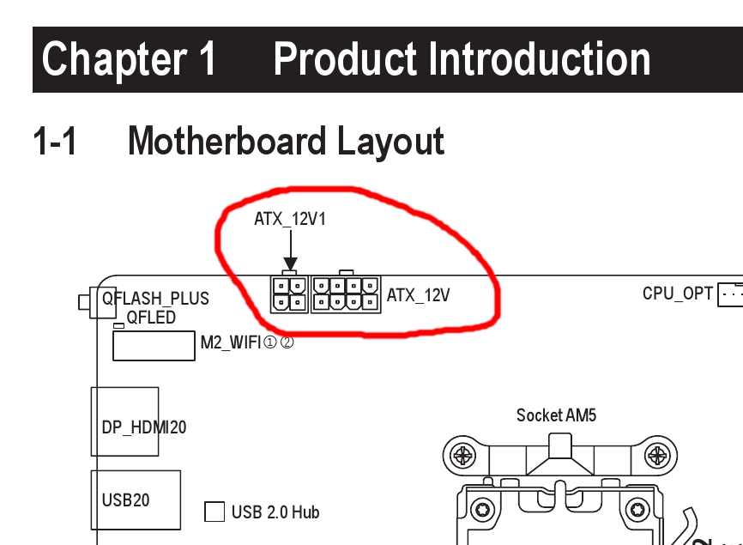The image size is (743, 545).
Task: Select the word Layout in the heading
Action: pos(391,142)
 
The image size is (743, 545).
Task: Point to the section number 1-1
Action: pos(55,142)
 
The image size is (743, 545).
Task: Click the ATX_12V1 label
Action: pos(290,219)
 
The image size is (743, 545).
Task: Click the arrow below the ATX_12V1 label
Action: pos(290,252)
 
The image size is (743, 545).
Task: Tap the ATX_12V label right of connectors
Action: pos(418,295)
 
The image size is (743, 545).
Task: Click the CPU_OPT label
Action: pos(677,294)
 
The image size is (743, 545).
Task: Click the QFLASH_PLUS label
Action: pos(155,299)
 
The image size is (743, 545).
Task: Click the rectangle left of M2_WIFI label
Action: pos(154,346)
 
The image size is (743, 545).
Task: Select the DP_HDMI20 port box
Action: pos(125,421)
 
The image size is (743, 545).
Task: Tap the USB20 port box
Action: pos(136,500)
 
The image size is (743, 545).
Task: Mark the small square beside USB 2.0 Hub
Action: pos(214,512)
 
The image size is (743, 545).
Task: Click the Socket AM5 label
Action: pos(556,415)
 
